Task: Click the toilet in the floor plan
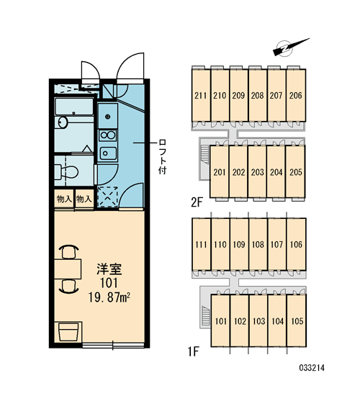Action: [66, 171]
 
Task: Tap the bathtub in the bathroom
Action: [74, 107]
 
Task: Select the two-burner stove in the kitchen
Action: [108, 135]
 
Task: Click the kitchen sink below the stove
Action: [108, 153]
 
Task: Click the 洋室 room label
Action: [109, 269]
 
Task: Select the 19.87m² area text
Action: [109, 297]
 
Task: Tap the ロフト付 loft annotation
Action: [162, 156]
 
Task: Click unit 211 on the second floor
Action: [201, 96]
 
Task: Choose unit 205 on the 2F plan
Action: [296, 172]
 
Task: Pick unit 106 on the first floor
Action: [296, 244]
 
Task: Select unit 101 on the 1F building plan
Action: [221, 321]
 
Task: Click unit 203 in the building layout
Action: [258, 172]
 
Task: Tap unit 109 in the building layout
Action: [239, 244]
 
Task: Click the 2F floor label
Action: [197, 202]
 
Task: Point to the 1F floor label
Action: [194, 351]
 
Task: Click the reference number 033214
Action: [312, 368]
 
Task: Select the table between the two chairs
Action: [68, 269]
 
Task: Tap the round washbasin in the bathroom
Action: [62, 122]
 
